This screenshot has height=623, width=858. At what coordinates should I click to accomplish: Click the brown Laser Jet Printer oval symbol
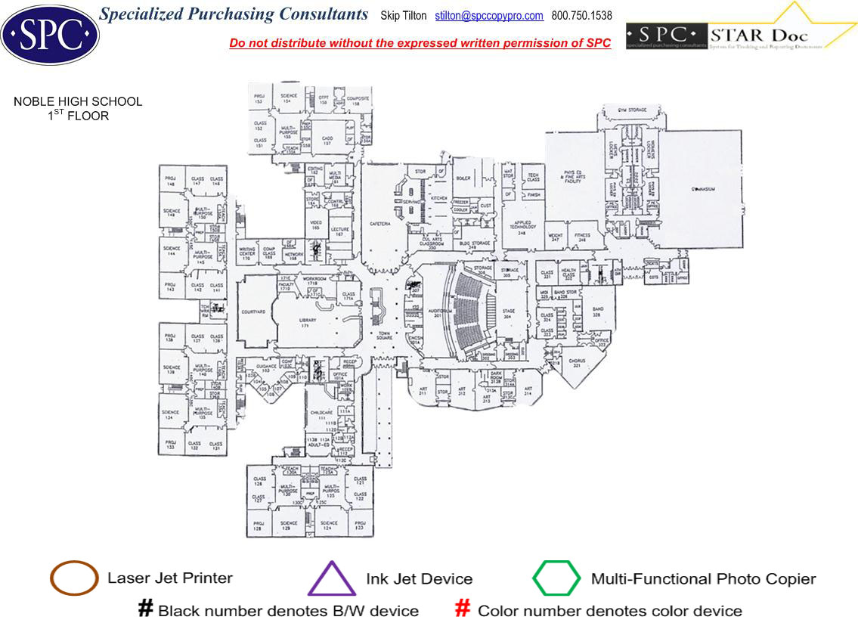click(x=73, y=578)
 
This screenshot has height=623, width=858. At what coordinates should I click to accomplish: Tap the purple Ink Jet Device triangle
click(x=332, y=580)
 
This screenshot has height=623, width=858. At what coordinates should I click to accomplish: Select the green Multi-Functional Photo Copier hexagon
click(x=556, y=578)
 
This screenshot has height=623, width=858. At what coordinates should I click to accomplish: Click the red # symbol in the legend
click(x=463, y=609)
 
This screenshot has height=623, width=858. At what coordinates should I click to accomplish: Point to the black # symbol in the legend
click(x=146, y=609)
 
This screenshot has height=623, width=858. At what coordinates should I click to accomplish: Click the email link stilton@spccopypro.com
click(x=489, y=16)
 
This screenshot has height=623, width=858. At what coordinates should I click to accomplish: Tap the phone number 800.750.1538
click(x=581, y=16)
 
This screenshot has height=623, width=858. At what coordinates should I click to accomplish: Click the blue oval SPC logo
click(x=50, y=33)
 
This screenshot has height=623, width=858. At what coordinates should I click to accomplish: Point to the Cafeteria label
click(x=379, y=224)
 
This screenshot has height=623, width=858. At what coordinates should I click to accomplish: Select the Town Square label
click(x=385, y=336)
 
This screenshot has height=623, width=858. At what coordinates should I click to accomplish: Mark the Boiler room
click(x=462, y=178)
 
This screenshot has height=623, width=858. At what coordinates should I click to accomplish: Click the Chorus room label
click(x=578, y=361)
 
